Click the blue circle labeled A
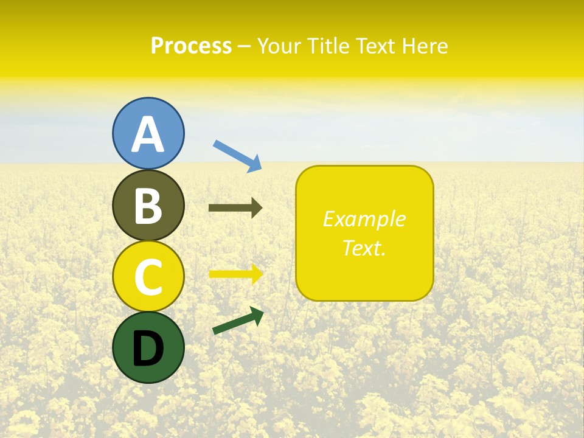(x=148, y=133)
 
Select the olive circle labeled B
(x=148, y=205)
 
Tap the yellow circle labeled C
(x=148, y=276)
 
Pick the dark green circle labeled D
(x=148, y=347)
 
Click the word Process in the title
(x=191, y=46)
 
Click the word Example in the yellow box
(x=364, y=219)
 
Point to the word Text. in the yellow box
(x=364, y=248)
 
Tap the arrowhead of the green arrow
(x=257, y=315)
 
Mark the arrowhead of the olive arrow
(x=256, y=208)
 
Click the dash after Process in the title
(x=244, y=46)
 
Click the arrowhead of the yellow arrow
(x=257, y=274)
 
